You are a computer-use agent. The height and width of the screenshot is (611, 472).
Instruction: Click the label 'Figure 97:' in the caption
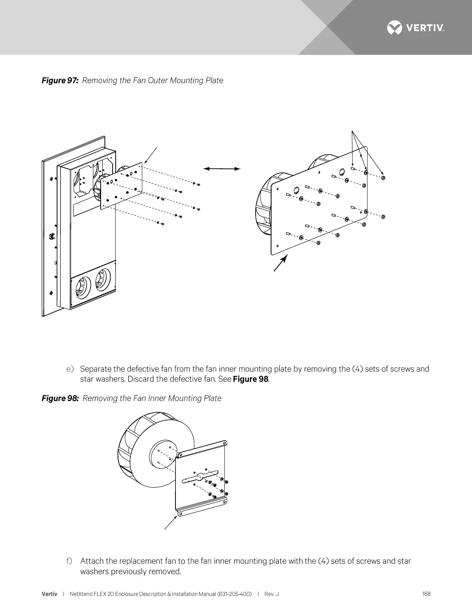click(x=60, y=81)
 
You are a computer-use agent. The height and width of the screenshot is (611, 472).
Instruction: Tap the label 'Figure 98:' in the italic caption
click(x=60, y=398)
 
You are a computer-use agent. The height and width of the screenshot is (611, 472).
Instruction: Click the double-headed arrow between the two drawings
click(x=222, y=169)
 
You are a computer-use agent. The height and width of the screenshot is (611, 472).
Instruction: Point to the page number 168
click(x=426, y=594)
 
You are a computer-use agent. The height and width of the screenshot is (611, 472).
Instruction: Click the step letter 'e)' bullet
click(x=70, y=369)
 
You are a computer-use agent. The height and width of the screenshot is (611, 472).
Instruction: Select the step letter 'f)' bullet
click(x=69, y=561)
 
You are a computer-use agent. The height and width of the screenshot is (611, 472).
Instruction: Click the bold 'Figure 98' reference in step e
click(x=250, y=379)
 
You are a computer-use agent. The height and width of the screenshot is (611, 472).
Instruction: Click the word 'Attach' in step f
click(x=92, y=561)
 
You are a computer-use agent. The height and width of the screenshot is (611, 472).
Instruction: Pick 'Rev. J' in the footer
click(x=271, y=594)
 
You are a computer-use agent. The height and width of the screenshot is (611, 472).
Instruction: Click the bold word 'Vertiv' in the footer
click(x=49, y=594)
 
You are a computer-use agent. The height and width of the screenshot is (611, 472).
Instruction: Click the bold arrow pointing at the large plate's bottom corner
click(x=280, y=262)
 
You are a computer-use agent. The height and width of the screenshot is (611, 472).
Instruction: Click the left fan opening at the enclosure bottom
click(x=81, y=287)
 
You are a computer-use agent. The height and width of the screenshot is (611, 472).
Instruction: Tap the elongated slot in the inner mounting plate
click(x=200, y=475)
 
